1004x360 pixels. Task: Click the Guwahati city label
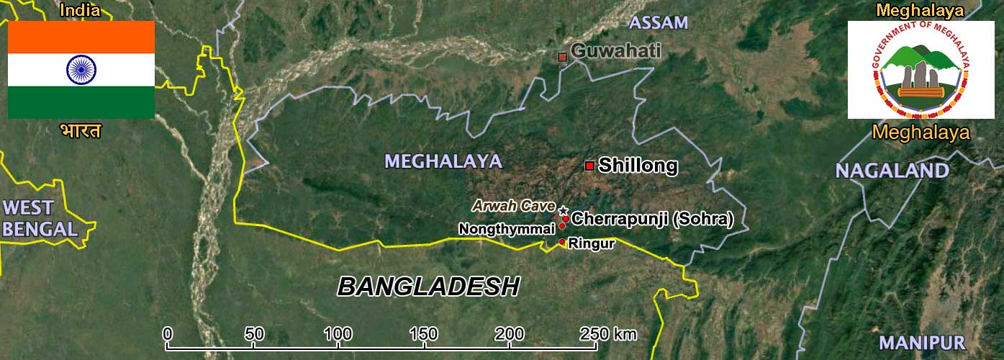pos(616,51)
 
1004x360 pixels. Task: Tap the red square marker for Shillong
pos(589,166)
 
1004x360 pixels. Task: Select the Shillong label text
pos(638,166)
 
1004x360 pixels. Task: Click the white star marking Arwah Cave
pos(563,210)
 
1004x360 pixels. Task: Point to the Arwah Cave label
pos(513,206)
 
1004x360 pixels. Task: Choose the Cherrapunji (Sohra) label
pos(652,219)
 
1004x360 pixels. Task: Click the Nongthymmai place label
pos(507,229)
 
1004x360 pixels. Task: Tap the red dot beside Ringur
pos(562,243)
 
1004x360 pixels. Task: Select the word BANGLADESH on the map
pos(428,287)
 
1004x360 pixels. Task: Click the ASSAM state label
pos(659,22)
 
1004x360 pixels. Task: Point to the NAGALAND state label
pos(892,171)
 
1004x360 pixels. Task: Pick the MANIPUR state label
pos(921,343)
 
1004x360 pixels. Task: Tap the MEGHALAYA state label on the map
pos(443,161)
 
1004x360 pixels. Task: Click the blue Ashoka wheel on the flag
pos(81,69)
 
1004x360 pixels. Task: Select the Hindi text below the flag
pos(81,131)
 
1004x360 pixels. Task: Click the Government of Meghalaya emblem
pos(921,70)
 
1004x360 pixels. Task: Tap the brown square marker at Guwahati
pos(563,56)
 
